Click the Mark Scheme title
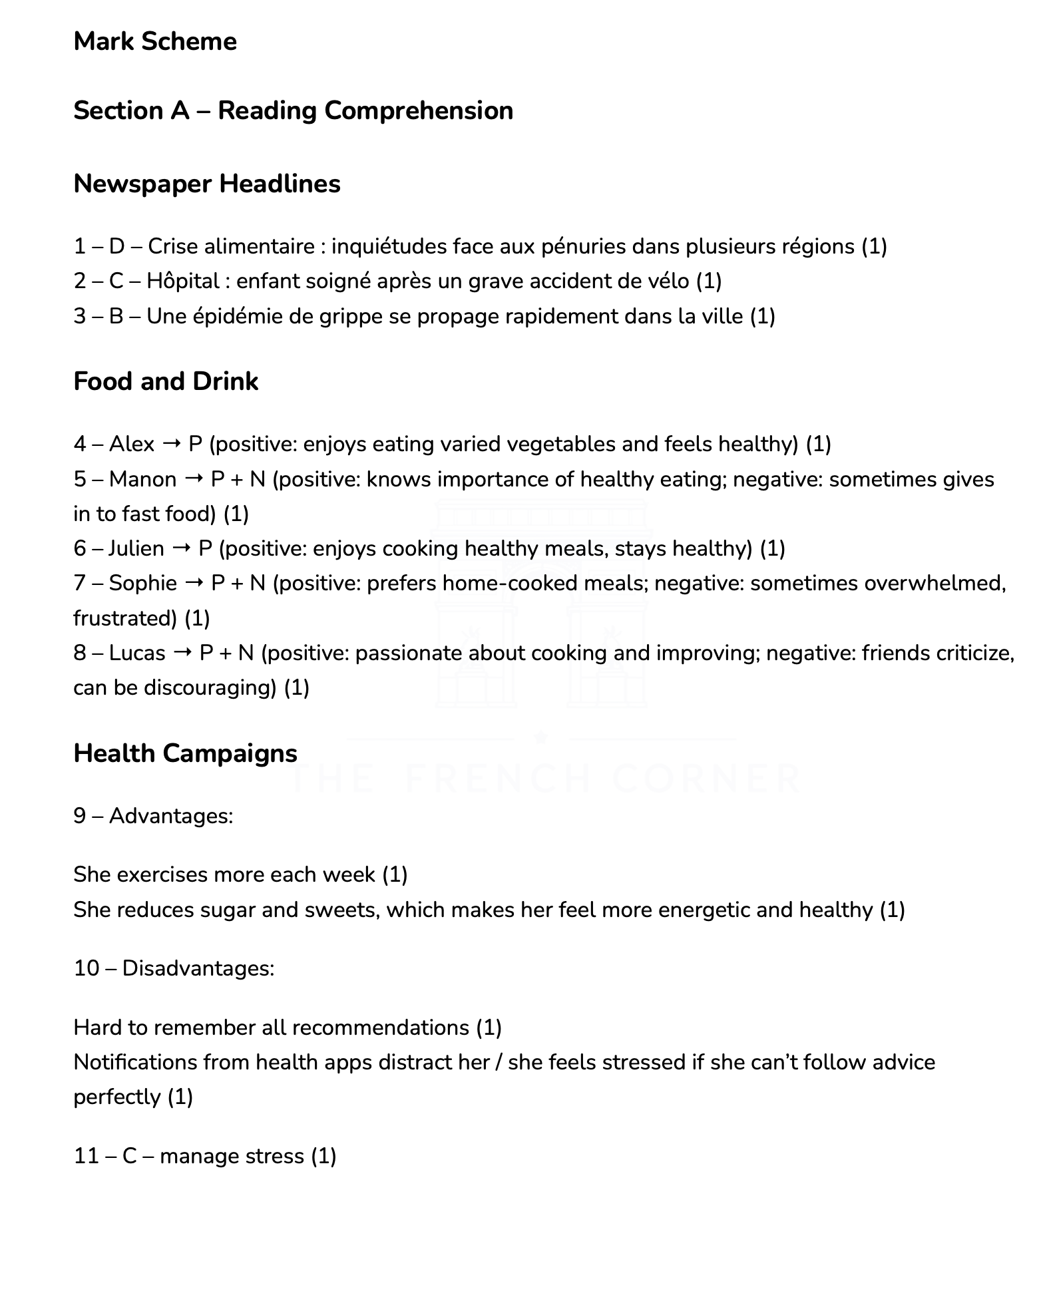(x=155, y=41)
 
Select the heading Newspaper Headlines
(x=206, y=184)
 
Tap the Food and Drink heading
(x=166, y=381)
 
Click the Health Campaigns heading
(x=185, y=753)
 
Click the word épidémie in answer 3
(x=238, y=316)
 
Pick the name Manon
(x=142, y=479)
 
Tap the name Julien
(x=136, y=548)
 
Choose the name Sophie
(x=142, y=583)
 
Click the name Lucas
(x=136, y=653)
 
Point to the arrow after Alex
(x=171, y=444)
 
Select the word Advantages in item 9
(x=170, y=816)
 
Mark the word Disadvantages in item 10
(x=198, y=968)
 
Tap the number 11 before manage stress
(x=86, y=1156)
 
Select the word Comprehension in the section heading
(x=419, y=110)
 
